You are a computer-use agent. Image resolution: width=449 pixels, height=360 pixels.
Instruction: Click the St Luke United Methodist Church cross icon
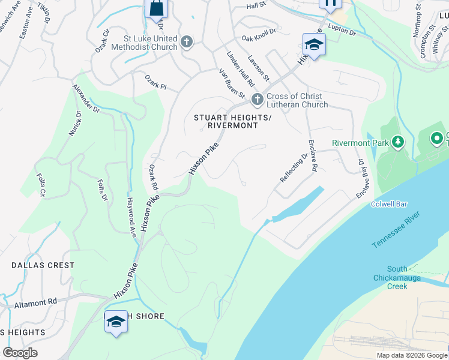(x=187, y=42)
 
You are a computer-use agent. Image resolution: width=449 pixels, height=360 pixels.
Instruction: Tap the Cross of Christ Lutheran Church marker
(x=258, y=99)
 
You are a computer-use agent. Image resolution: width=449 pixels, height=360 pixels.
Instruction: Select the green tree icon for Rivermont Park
(x=397, y=142)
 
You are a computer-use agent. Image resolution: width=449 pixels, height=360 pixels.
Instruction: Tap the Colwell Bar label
(x=390, y=204)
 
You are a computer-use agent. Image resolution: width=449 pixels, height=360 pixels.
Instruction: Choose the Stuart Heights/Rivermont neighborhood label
(x=225, y=122)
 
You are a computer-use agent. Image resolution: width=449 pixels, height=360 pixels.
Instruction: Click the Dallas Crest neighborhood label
(x=43, y=265)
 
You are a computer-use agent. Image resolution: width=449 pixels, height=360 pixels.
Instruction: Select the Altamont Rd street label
(x=35, y=304)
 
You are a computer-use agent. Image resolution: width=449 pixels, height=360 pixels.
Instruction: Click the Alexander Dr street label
(x=86, y=98)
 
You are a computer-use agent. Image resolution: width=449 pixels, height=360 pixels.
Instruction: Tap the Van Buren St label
(x=232, y=83)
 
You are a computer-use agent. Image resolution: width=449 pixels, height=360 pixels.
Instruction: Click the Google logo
(x=20, y=353)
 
